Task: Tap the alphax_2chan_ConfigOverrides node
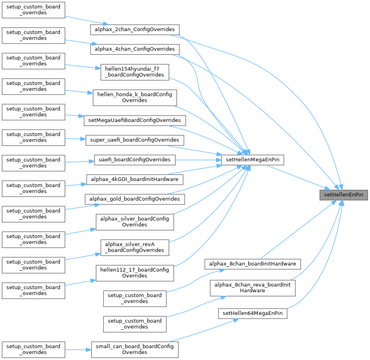click(135, 30)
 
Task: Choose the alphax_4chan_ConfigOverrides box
click(135, 49)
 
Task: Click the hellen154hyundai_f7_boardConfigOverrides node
click(135, 72)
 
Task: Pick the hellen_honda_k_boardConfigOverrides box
click(135, 97)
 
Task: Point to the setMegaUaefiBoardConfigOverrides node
click(135, 120)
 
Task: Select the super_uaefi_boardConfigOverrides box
click(135, 140)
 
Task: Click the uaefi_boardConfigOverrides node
click(135, 159)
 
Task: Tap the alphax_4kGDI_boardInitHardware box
click(135, 179)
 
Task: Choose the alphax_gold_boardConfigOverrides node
click(135, 199)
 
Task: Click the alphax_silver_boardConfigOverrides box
click(135, 222)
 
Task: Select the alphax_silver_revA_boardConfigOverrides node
click(135, 247)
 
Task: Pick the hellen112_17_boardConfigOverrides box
click(135, 273)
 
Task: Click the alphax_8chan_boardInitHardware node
click(252, 264)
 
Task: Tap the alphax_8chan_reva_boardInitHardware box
click(252, 287)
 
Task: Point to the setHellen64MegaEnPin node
click(252, 313)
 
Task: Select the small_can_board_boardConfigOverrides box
click(135, 349)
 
